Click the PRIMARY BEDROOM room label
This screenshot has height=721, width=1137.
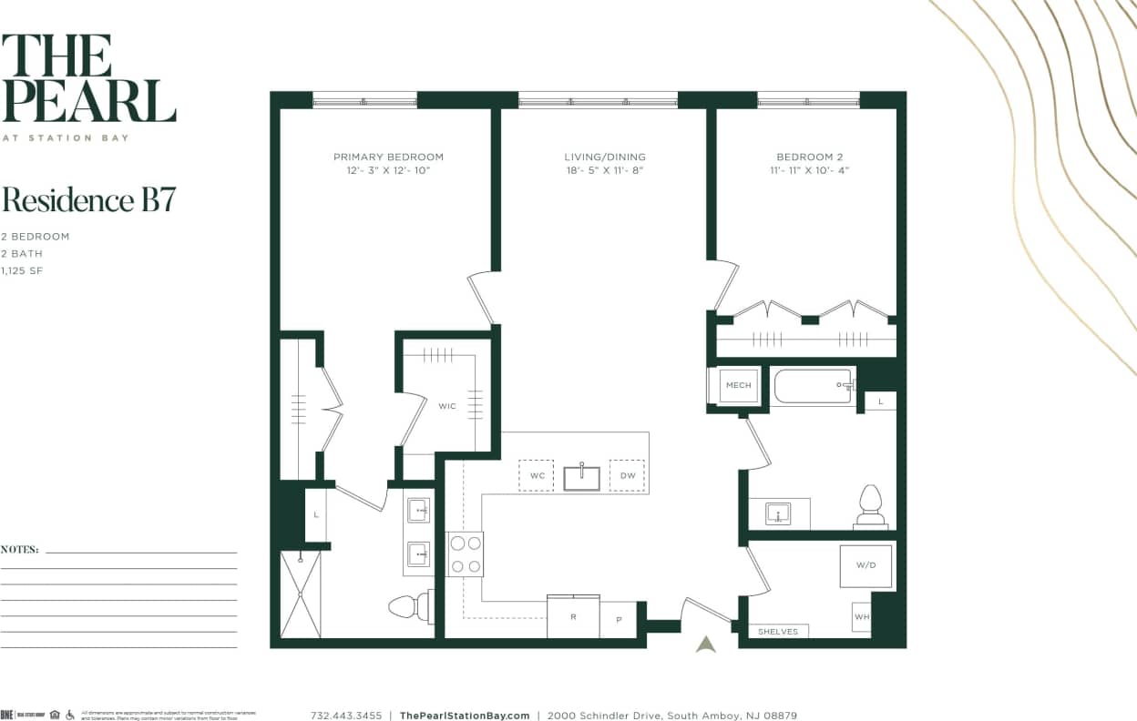388,157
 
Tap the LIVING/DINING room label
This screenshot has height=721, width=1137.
604,157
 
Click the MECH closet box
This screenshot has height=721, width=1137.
738,385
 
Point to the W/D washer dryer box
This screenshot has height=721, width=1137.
866,565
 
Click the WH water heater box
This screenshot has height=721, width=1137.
861,616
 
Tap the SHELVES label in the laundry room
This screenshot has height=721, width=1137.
777,631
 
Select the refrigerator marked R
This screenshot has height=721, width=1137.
573,616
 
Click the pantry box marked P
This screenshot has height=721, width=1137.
619,619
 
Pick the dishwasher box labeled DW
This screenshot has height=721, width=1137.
627,475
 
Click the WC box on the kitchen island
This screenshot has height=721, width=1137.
536,475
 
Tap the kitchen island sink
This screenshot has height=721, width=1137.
581,476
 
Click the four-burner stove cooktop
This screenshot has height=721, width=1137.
465,553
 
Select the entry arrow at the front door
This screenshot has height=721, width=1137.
706,644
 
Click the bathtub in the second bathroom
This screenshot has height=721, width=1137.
813,386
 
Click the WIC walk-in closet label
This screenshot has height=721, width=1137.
446,406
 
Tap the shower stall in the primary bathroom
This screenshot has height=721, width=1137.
301,594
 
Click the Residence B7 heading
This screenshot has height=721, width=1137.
88,199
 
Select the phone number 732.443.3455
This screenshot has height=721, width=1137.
346,716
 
